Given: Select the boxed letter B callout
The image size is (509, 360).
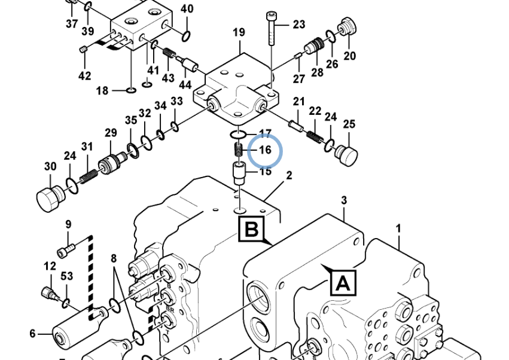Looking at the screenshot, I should [252, 229].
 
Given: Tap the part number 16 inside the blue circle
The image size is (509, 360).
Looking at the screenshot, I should [265, 150].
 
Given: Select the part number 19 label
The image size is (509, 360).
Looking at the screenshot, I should [239, 32].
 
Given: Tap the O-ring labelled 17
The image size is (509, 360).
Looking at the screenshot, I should [239, 133].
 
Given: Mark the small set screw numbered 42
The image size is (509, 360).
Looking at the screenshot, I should [84, 49].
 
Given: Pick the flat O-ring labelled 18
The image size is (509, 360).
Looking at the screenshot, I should [130, 90].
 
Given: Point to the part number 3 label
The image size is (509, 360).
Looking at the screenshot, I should [344, 200].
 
